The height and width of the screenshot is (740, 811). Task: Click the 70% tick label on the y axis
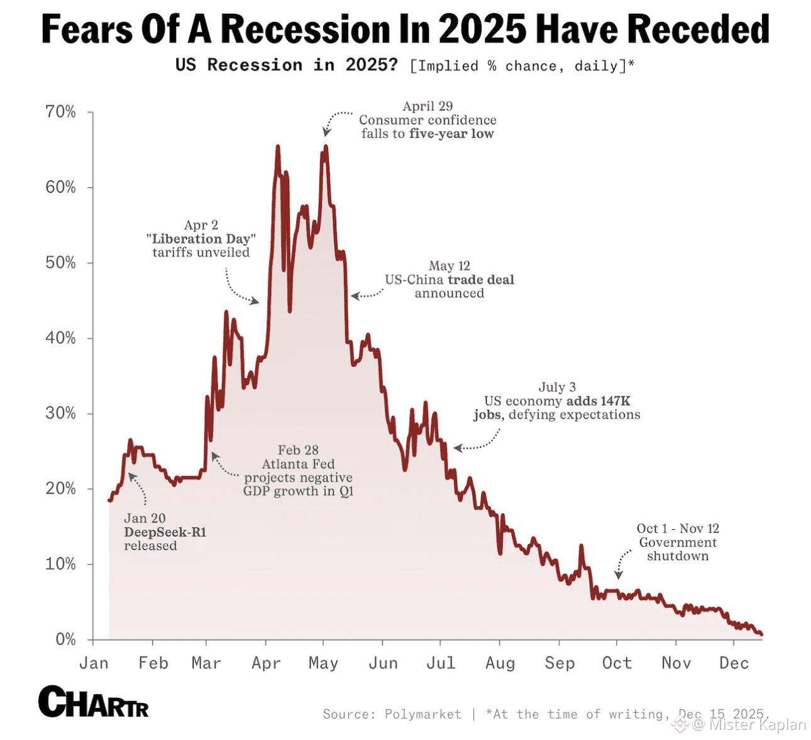tap(60, 112)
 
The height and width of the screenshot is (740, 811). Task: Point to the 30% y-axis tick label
tap(60, 413)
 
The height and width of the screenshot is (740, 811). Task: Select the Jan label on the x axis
tap(94, 663)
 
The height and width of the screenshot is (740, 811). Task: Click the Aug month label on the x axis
tap(500, 663)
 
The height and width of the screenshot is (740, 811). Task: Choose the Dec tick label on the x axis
tap(734, 663)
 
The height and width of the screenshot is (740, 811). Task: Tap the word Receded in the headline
tap(698, 29)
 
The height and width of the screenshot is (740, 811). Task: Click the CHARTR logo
tap(94, 702)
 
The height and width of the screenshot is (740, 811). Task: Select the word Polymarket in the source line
tap(423, 714)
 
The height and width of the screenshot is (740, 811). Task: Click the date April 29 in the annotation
tap(428, 106)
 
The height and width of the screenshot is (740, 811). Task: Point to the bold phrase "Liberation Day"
tap(201, 239)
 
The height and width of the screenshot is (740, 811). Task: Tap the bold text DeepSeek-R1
tap(165, 532)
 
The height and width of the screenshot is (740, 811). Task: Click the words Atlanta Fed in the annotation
tap(298, 464)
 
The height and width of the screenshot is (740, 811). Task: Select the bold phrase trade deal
tap(481, 279)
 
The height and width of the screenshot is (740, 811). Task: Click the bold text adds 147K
tap(598, 401)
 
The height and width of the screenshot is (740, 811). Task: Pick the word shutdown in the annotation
tap(678, 556)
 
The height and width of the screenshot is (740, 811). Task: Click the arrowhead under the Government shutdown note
tap(619, 575)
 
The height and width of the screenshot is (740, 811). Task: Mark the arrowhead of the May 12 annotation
tap(354, 296)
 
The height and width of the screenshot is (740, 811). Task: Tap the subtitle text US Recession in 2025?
tap(287, 65)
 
